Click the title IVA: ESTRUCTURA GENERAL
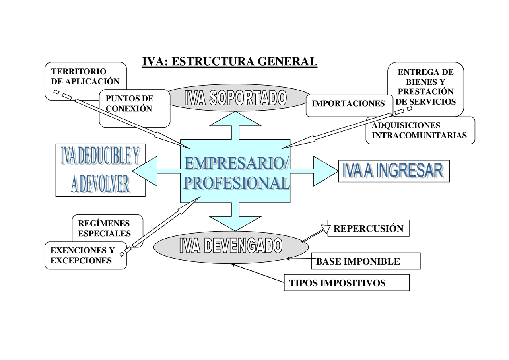(x=230, y=61)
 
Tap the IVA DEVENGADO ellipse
(x=231, y=246)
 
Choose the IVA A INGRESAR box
(x=394, y=171)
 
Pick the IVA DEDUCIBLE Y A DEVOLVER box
(x=100, y=170)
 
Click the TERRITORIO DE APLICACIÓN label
(x=85, y=76)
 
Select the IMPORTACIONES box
(x=348, y=104)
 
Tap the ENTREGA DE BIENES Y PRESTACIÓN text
(x=425, y=87)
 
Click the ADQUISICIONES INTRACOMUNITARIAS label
(x=419, y=130)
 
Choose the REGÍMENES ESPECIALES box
(x=104, y=228)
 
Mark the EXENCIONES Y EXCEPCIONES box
(x=83, y=255)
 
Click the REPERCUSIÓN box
(x=368, y=228)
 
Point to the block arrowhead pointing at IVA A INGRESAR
(x=324, y=171)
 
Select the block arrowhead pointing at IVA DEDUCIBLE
(x=146, y=171)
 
